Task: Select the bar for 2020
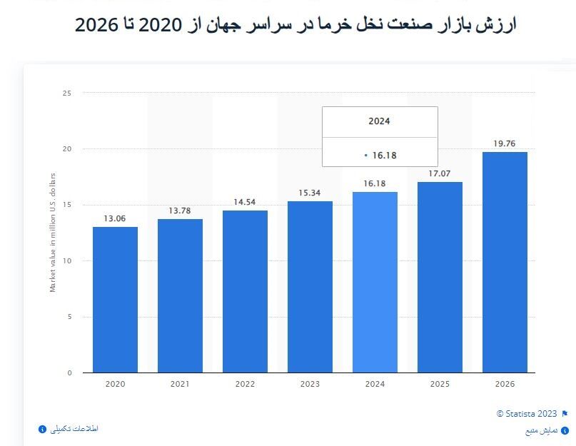115,300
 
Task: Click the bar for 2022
245,291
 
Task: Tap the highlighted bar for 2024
375,282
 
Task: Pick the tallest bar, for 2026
505,262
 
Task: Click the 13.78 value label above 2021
180,211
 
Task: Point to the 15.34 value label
310,193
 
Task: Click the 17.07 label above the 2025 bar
440,173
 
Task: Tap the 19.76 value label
505,143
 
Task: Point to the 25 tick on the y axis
67,93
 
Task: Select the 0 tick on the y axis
69,372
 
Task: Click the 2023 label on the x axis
310,384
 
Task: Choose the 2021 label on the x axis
180,384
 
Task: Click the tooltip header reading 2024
379,121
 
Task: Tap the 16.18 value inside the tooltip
384,154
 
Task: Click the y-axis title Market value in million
52,232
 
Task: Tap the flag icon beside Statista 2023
565,414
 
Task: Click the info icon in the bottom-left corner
42,429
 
